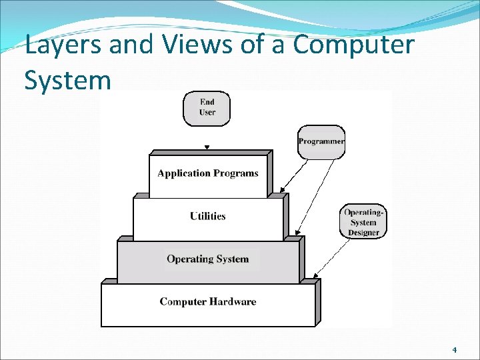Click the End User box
(x=207, y=108)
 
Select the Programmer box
(x=321, y=141)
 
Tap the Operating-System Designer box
(x=363, y=222)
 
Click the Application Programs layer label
(x=208, y=173)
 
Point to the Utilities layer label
(x=208, y=216)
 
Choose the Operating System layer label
(x=208, y=259)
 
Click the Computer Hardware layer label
(x=208, y=301)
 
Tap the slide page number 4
(x=454, y=350)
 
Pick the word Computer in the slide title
(x=353, y=46)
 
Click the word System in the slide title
(x=67, y=80)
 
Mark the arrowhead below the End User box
(x=207, y=147)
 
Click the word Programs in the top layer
(x=236, y=173)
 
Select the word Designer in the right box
(x=363, y=233)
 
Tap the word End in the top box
(x=207, y=102)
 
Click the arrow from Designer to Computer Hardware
(x=331, y=257)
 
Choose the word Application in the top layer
(x=184, y=173)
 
